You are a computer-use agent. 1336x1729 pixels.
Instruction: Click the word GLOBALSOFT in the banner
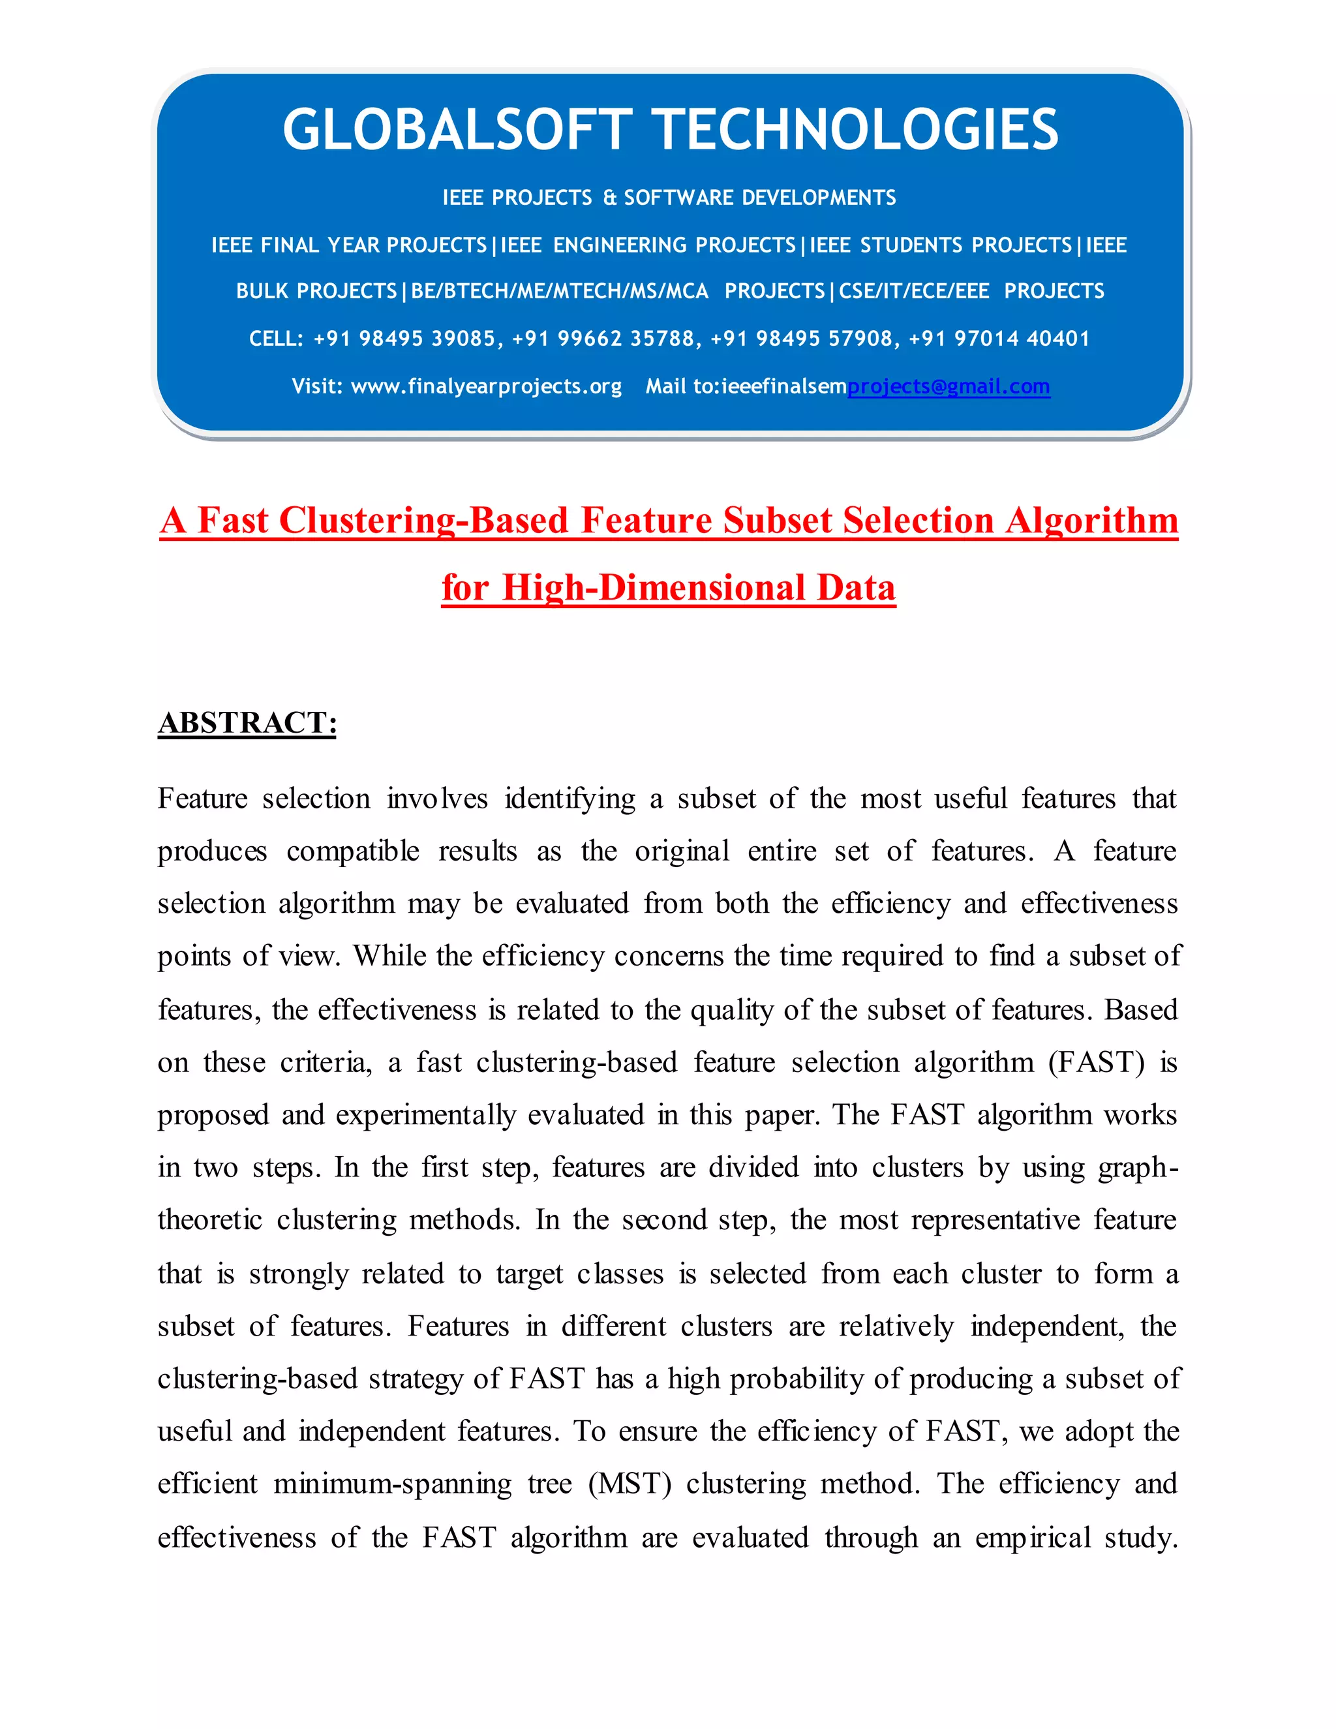457,130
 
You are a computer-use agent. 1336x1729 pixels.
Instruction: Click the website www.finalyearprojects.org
486,386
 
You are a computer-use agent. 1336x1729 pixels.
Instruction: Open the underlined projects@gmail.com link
948,386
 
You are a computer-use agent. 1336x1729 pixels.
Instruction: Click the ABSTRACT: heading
247,723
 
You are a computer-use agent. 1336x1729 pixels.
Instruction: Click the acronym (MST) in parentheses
630,1484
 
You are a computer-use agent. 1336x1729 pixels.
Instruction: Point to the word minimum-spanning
393,1484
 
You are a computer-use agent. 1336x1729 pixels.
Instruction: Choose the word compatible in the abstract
352,851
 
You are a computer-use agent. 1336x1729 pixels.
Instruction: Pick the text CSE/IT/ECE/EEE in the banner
913,292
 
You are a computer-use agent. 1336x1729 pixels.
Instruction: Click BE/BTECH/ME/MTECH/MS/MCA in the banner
560,292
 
